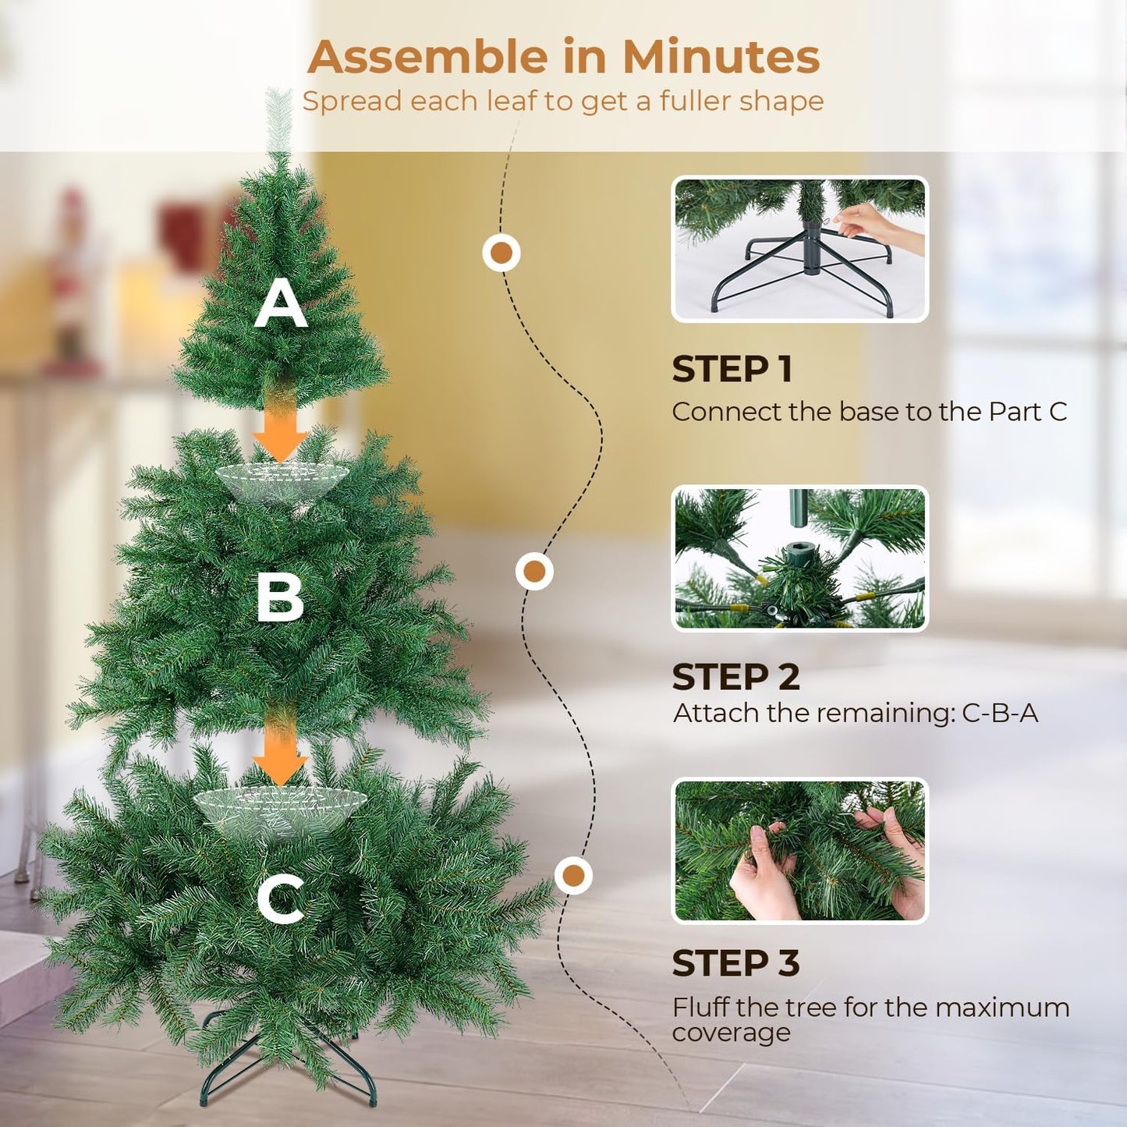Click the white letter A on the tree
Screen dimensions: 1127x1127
coord(281,304)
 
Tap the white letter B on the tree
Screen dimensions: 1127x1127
coord(279,597)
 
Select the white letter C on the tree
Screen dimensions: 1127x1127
coord(281,898)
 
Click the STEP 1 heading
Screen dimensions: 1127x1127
coord(732,369)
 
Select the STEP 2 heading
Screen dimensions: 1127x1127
coord(735,677)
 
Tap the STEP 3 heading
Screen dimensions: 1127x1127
coord(735,963)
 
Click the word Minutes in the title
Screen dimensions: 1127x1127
coord(721,57)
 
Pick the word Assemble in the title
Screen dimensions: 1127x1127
coord(428,57)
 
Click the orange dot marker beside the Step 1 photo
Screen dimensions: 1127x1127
coord(501,253)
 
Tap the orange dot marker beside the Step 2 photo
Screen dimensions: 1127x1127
coord(534,572)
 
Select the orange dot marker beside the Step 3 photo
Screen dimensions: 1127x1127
coord(573,875)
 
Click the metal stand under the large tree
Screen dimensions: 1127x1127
coord(289,1069)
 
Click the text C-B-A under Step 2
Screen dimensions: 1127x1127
coord(1000,713)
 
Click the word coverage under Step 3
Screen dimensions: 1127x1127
coord(731,1033)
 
